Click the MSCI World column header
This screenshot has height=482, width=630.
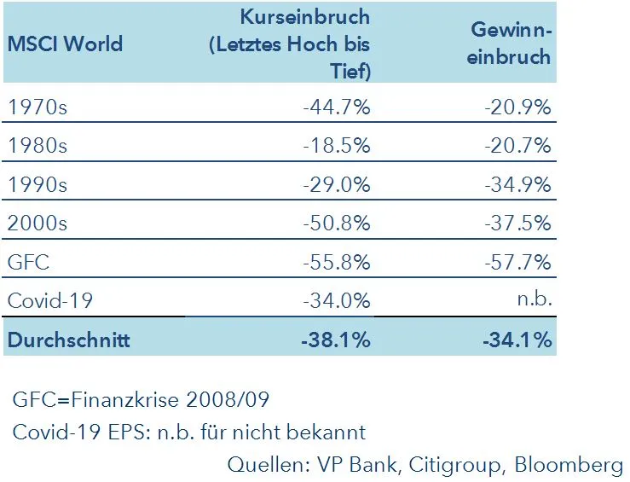[x=65, y=44]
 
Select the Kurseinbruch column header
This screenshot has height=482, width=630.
[x=290, y=44]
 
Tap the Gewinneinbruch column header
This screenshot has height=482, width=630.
[x=512, y=44]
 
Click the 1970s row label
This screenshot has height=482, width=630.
[x=38, y=107]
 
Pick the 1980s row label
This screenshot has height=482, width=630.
[x=38, y=146]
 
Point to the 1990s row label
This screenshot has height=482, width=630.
[x=38, y=184]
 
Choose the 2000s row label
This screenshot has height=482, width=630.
[x=38, y=224]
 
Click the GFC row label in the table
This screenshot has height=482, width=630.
[x=28, y=262]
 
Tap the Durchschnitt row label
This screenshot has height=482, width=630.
[x=68, y=340]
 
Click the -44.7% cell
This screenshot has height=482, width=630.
[x=337, y=107]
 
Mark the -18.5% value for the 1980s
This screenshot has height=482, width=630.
[x=337, y=146]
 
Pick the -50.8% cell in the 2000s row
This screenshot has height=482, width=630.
[x=337, y=224]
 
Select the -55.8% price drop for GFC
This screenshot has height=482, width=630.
[x=337, y=262]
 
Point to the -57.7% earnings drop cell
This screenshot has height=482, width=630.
[x=517, y=262]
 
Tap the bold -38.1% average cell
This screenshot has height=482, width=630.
[x=336, y=340]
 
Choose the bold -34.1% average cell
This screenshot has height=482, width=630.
[x=517, y=340]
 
